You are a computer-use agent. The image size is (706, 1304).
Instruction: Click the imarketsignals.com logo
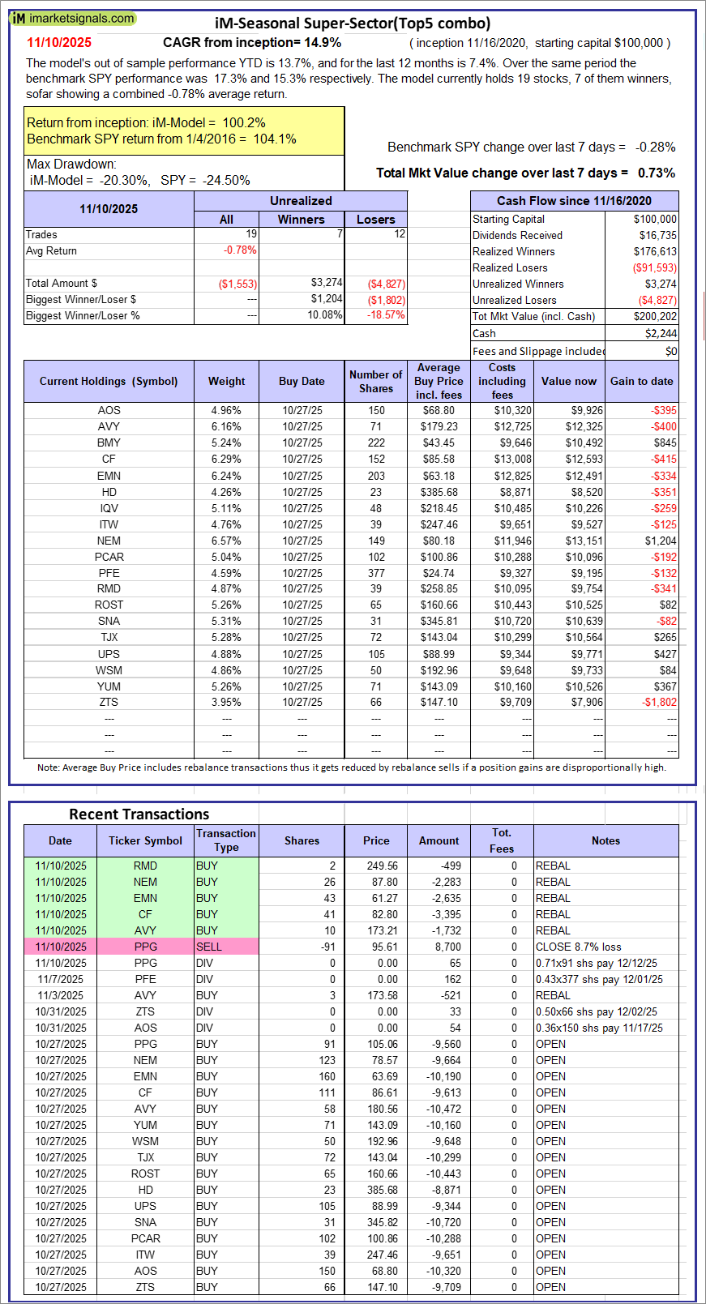[73, 18]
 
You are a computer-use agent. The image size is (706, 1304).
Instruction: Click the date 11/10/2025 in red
[59, 43]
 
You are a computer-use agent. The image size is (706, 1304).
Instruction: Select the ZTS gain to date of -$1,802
[659, 703]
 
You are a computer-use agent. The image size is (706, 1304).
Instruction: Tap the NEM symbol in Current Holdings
[109, 541]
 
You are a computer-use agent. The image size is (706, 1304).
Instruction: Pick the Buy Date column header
[302, 381]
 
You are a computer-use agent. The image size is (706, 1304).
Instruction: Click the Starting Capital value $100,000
[655, 219]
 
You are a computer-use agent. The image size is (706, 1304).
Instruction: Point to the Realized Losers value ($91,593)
[654, 267]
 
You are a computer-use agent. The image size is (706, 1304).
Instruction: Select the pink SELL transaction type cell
[226, 947]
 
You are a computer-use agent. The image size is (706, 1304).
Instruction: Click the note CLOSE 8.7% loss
[578, 947]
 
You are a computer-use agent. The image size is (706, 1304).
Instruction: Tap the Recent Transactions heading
[139, 814]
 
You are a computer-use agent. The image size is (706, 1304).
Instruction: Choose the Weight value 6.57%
[226, 541]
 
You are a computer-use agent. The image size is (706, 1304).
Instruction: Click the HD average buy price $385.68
[439, 492]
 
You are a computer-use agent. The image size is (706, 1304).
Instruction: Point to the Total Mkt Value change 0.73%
[656, 173]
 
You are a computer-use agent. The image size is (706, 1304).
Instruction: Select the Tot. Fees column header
[502, 840]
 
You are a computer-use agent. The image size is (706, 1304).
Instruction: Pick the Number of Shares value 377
[376, 573]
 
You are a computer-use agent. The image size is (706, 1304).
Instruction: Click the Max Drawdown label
[71, 165]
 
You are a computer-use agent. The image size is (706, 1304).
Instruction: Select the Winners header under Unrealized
[301, 220]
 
